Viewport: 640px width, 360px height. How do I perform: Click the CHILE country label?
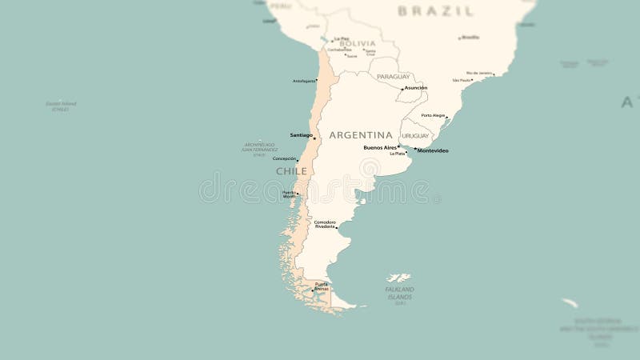tap(291, 171)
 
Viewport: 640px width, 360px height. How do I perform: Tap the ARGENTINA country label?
tap(361, 135)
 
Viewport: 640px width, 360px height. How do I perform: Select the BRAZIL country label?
tap(436, 11)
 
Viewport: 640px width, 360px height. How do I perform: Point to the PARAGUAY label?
tap(394, 77)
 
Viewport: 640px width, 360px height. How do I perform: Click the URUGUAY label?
tap(416, 136)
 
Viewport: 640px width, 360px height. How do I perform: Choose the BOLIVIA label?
tap(357, 44)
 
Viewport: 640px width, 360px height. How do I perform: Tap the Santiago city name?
tap(301, 135)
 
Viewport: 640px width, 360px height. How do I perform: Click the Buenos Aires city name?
tap(379, 147)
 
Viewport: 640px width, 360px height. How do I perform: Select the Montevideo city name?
tap(433, 150)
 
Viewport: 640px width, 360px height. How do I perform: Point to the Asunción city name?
tap(415, 87)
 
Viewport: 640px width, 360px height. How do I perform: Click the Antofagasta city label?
tap(304, 81)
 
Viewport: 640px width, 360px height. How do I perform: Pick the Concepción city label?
tap(284, 158)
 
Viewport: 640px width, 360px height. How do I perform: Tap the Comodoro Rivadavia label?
tap(325, 224)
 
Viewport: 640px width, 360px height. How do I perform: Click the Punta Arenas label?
tap(321, 286)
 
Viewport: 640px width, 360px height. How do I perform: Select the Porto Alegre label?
tap(433, 115)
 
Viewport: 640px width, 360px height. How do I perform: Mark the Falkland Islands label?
tap(400, 292)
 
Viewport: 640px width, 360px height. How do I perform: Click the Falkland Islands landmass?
tap(398, 278)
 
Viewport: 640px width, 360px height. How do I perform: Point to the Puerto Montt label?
tap(289, 194)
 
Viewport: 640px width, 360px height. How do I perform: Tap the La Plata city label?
tap(397, 154)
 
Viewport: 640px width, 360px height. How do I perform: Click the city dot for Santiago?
tap(314, 138)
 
